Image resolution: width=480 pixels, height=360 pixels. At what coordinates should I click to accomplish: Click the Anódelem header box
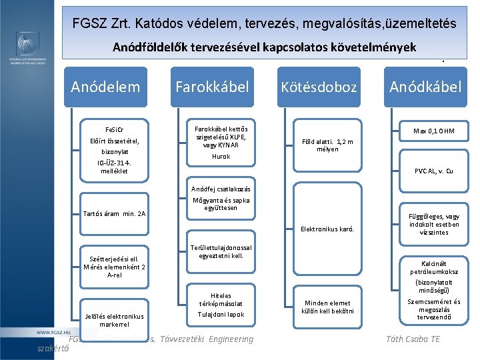pos(105,87)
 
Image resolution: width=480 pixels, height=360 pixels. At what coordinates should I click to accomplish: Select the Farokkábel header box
pos(212,87)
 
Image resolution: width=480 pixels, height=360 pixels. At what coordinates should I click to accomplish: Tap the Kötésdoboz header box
pos(319,87)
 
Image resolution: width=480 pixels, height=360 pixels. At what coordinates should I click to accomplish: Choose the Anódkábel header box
pos(425,87)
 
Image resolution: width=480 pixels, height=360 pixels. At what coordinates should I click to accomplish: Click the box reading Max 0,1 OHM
pos(433,131)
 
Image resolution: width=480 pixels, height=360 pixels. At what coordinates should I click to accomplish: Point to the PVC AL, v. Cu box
pos(433,171)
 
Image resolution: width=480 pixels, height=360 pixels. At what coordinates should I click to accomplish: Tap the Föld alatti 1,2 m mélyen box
pos(327,145)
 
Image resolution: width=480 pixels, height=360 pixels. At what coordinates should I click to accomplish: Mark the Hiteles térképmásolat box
pos(221,299)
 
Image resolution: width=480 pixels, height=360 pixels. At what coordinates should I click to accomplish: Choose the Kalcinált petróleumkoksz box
pos(434,267)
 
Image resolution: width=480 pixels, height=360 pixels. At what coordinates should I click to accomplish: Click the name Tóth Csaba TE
pos(413,339)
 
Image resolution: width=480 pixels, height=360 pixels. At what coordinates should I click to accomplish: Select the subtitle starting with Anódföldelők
pos(264,47)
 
